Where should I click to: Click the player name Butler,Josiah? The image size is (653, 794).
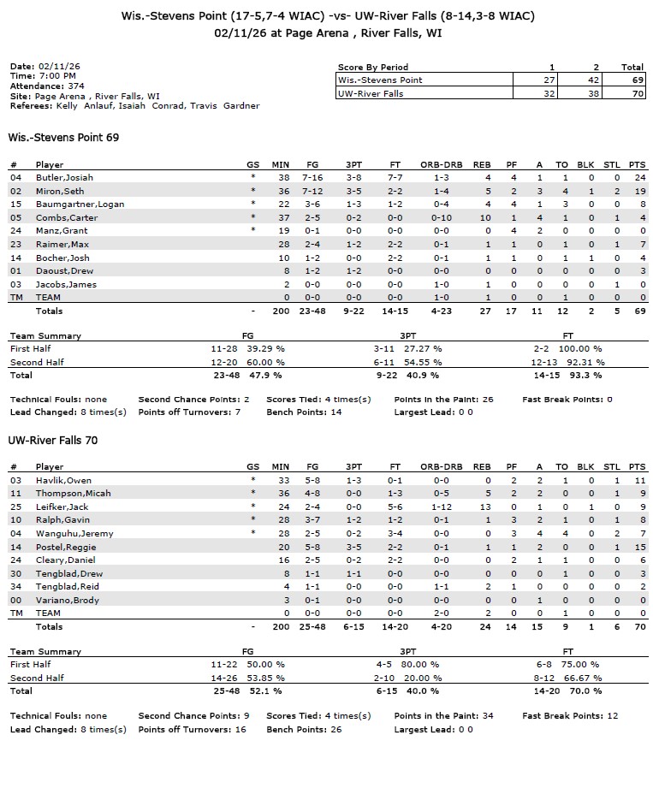coord(64,177)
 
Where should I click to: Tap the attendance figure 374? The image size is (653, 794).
coord(76,86)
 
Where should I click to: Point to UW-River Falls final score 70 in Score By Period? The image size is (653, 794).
coord(632,94)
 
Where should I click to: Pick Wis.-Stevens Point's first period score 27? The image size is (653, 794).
coord(551,80)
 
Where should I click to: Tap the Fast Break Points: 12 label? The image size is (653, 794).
coord(570,715)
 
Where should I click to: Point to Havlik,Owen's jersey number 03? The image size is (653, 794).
coord(15,480)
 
